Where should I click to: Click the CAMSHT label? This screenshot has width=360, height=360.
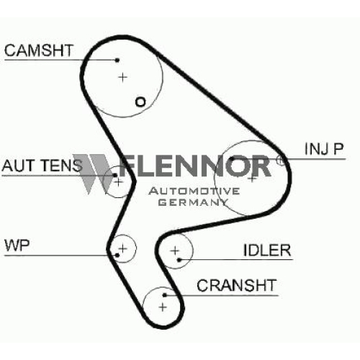click(39, 50)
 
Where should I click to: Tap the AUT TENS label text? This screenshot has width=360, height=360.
click(42, 166)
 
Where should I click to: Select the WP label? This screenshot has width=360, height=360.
click(17, 246)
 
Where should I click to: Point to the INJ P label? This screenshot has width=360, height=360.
click(324, 149)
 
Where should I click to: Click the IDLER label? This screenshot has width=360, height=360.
click(267, 250)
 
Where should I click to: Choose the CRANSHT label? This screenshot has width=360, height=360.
click(237, 285)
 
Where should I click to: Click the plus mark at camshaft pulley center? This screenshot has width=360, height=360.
click(122, 77)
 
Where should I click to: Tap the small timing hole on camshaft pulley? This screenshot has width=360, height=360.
click(140, 102)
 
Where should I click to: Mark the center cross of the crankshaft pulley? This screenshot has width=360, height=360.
click(163, 307)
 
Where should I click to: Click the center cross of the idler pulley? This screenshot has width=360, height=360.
click(175, 251)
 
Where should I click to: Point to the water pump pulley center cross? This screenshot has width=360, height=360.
click(122, 248)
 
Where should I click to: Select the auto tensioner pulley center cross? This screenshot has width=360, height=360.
click(118, 182)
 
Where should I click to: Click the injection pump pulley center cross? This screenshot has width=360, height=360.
click(252, 179)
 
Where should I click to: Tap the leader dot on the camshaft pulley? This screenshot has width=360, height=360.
click(117, 60)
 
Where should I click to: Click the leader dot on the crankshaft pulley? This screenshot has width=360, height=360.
click(164, 295)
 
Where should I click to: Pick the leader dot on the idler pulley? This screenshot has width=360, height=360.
click(179, 260)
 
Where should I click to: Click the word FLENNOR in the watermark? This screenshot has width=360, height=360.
click(195, 166)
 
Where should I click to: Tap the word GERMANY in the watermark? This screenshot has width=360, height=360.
click(193, 202)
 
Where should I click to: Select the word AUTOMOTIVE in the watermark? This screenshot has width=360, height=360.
click(194, 191)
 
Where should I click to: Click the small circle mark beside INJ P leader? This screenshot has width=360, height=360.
click(280, 160)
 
